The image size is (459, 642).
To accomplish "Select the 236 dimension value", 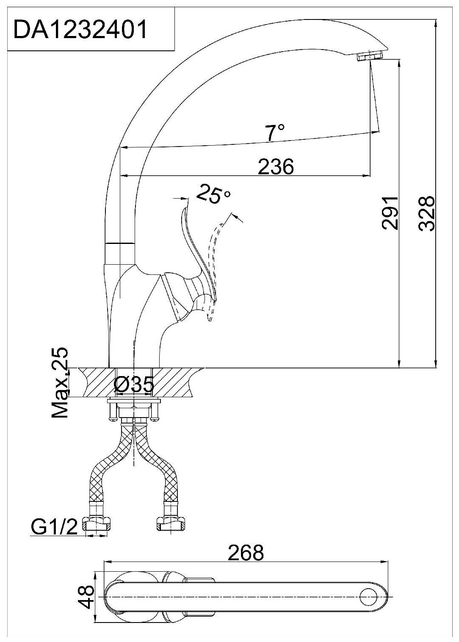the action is click(276, 166).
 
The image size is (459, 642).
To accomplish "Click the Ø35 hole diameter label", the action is click(134, 385).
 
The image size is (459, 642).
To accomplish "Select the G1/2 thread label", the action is click(54, 527).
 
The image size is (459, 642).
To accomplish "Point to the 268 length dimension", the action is click(246, 553).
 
